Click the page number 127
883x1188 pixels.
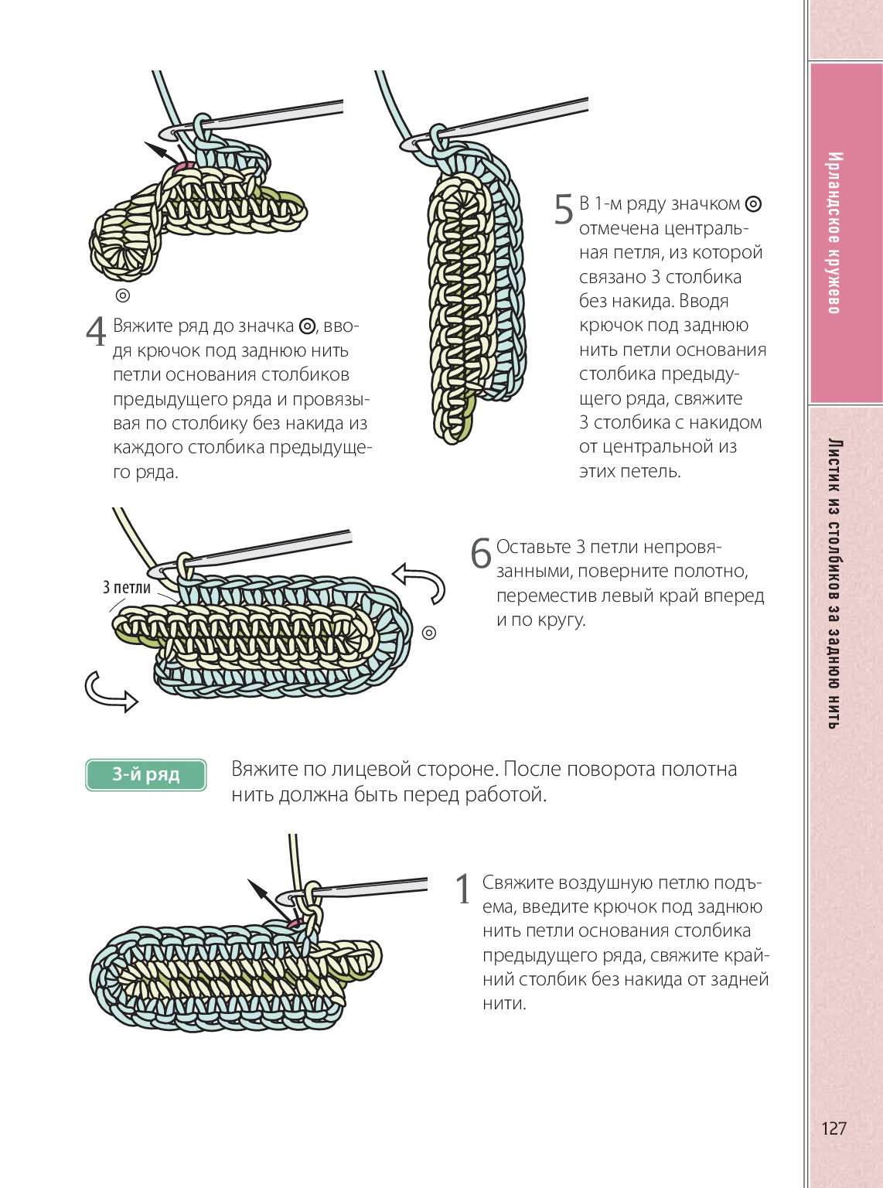(834, 1128)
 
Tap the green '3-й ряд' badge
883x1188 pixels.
(146, 775)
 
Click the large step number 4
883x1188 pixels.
(96, 332)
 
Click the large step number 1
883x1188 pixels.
(463, 889)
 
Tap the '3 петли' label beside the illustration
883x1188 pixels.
(127, 588)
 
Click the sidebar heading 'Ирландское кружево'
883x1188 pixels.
(834, 233)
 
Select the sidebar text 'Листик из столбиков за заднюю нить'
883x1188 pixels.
(834, 584)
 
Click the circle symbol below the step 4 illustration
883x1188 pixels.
(122, 295)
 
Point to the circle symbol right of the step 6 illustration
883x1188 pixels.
(429, 633)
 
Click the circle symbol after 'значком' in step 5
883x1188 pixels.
(753, 204)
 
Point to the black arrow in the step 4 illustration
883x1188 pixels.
(160, 151)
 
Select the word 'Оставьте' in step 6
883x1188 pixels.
(534, 547)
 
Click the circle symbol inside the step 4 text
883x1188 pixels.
(307, 326)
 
